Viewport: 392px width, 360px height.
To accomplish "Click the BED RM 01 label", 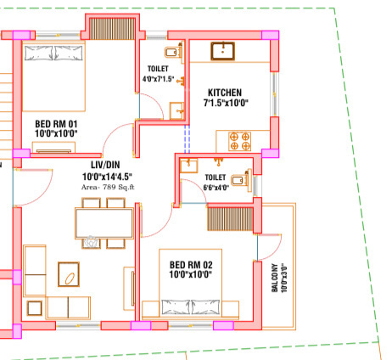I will (x=55, y=123).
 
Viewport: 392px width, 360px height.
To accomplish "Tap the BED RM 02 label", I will (x=191, y=264).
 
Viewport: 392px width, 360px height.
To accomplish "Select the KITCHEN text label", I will (x=225, y=93).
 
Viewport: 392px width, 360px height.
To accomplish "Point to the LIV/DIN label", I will (x=107, y=165).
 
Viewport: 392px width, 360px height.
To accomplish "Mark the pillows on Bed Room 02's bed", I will (x=191, y=307).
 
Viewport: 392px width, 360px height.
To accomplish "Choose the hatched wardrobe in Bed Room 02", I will (x=231, y=217).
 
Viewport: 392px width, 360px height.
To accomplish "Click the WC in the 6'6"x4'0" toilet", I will (x=241, y=179).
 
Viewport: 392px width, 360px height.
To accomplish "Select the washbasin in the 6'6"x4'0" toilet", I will (x=188, y=165).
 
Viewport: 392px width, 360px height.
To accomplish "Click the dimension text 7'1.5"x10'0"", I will (x=225, y=104).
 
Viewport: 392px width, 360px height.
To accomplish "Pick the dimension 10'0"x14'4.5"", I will (x=107, y=176).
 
